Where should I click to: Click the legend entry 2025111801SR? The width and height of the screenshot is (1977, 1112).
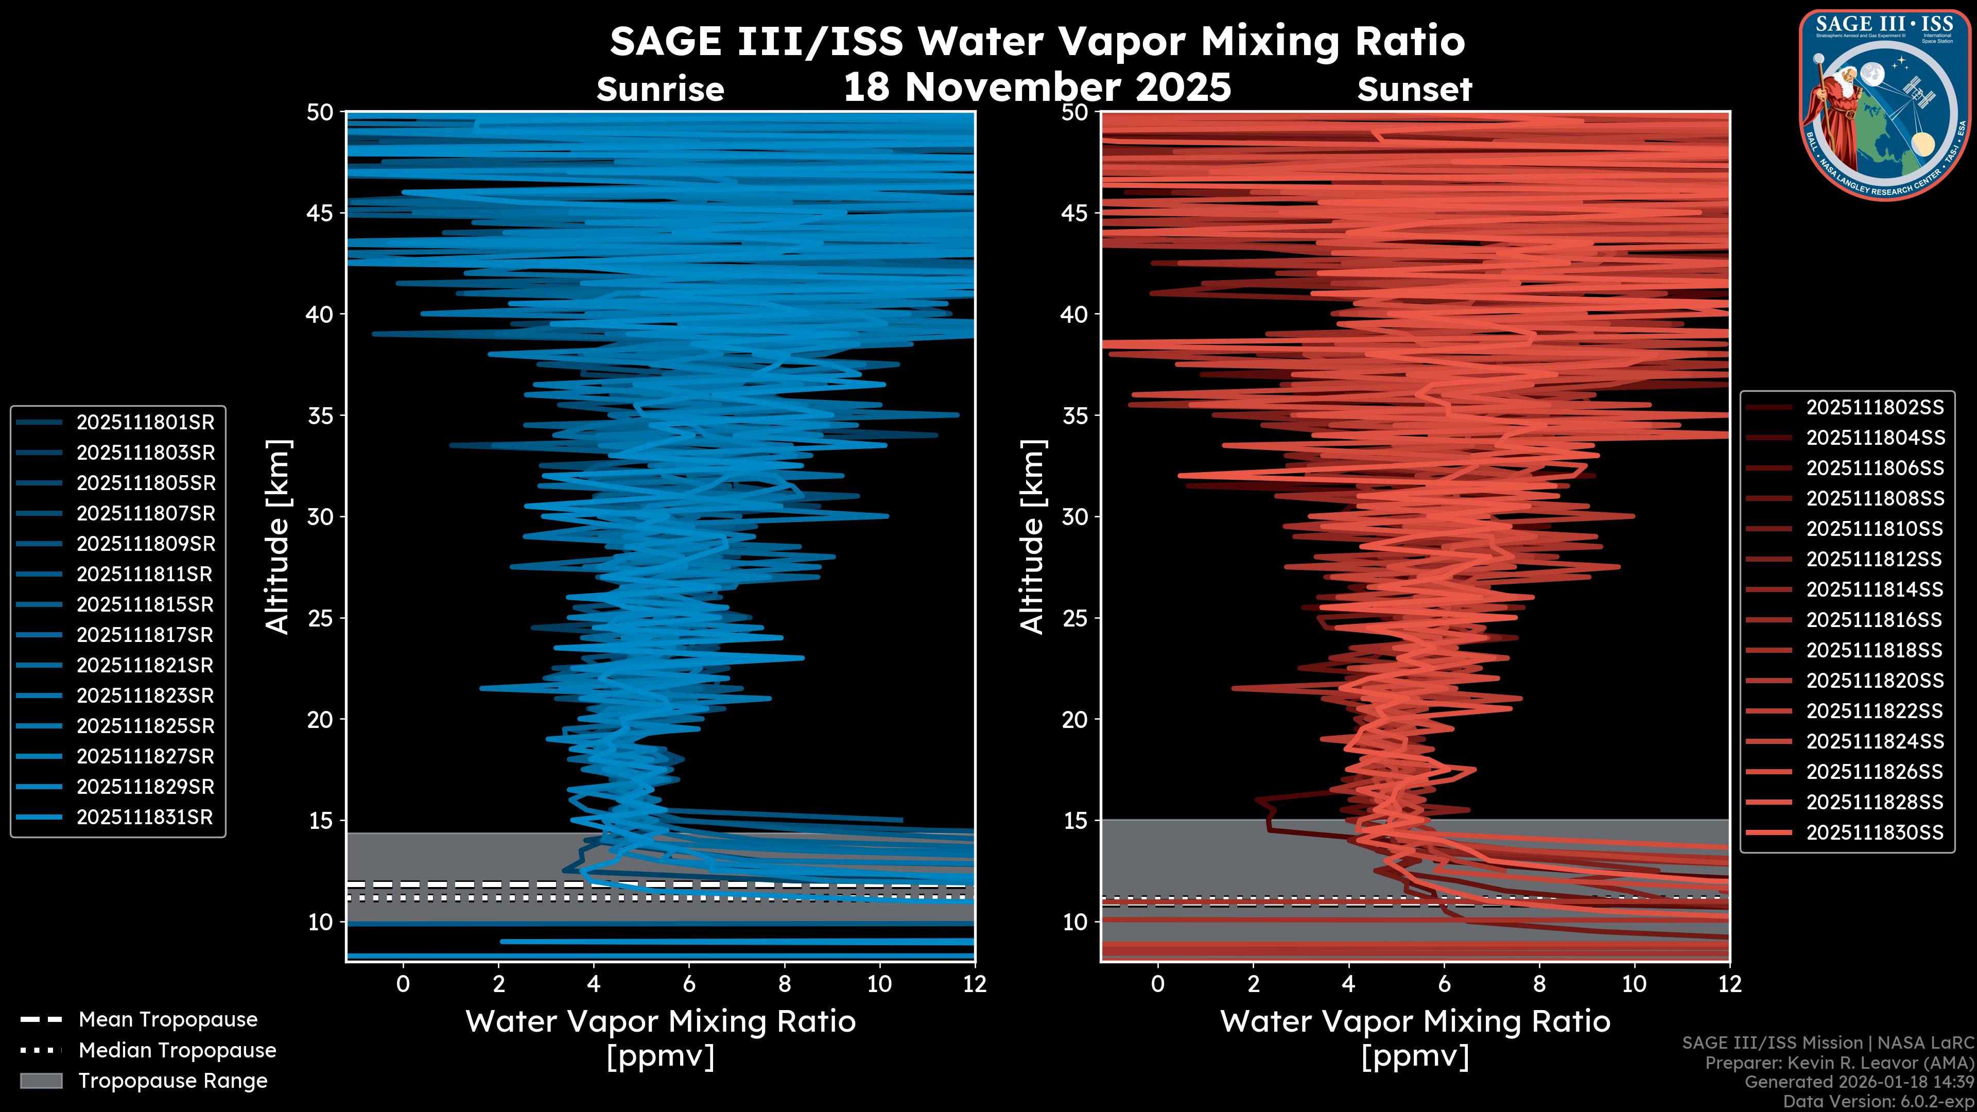pos(145,422)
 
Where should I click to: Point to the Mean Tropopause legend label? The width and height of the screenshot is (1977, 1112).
pos(168,1020)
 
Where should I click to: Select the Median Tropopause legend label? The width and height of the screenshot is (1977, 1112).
pos(177,1050)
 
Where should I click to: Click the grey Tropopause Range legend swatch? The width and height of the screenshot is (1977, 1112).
pos(41,1081)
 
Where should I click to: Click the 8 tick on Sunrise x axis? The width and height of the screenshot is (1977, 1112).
pos(784,984)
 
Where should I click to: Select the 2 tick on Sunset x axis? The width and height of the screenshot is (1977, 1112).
pos(1253,984)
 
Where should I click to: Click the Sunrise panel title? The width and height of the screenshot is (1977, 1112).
pos(660,89)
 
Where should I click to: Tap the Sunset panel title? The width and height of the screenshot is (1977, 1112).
pos(1414,89)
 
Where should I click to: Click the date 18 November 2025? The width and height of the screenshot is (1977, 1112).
pos(1037,86)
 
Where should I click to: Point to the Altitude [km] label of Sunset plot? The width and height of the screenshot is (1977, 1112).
pos(1033,537)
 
